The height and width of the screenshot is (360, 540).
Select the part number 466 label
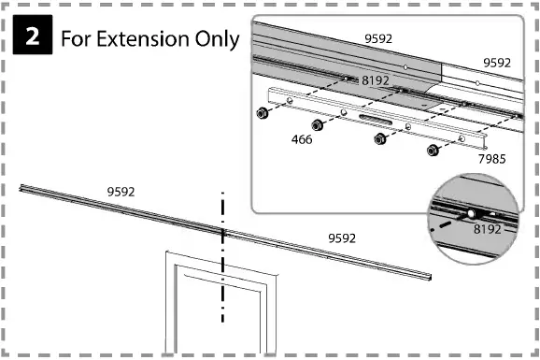point(302,140)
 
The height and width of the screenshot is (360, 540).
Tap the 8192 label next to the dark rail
point(375,81)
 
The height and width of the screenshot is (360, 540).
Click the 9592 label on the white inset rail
point(496,63)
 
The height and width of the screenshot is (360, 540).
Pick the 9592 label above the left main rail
point(121,191)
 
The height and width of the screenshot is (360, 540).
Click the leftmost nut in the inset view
point(264,112)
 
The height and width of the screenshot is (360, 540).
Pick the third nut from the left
point(379,138)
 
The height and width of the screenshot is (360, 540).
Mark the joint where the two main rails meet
point(222,230)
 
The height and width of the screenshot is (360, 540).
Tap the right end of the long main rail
point(431,279)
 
